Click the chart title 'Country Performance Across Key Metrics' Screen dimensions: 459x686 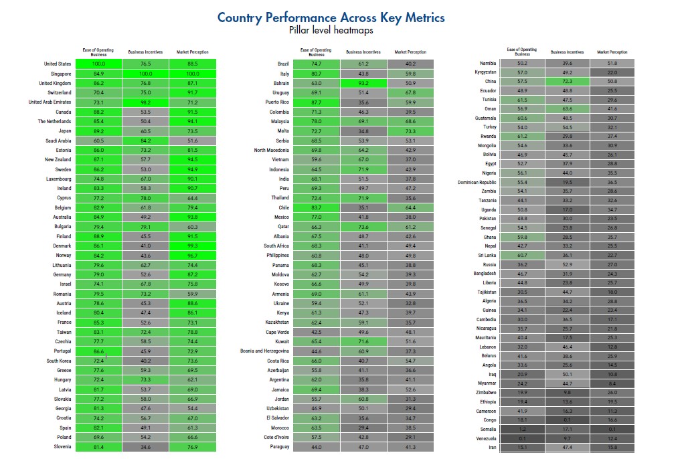[331, 17]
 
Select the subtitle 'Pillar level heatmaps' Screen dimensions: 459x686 [331, 30]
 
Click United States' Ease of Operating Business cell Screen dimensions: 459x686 [98, 64]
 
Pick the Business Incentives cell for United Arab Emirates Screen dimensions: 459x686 [146, 102]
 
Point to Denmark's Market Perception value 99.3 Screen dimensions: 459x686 [193, 246]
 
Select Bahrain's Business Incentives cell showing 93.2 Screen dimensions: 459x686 [363, 83]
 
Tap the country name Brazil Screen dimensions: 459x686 [283, 64]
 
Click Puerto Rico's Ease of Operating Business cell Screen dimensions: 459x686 [316, 102]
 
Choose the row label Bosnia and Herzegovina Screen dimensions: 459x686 [264, 351]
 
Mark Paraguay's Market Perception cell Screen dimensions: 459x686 [410, 447]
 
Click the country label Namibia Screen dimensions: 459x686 [488, 63]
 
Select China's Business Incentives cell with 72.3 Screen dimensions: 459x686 [567, 81]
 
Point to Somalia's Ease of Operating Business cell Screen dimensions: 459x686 [522, 430]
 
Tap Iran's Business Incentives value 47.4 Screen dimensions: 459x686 [567, 448]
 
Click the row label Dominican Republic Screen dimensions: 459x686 [477, 182]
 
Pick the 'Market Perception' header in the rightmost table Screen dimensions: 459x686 [612, 52]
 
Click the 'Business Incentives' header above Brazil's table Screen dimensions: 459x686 [363, 52]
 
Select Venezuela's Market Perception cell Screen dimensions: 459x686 [612, 438]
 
